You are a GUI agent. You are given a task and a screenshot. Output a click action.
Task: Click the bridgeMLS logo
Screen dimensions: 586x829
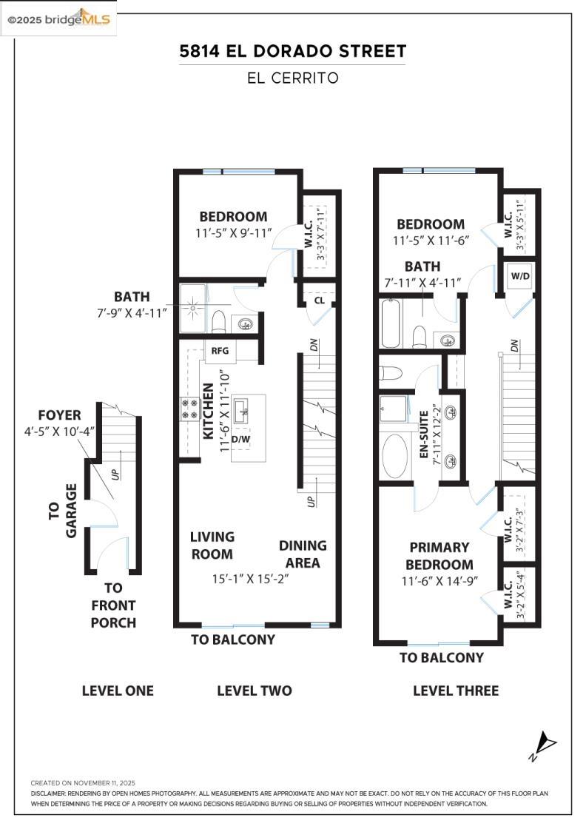(58, 19)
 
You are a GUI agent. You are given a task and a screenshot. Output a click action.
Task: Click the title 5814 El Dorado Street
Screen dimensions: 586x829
(293, 51)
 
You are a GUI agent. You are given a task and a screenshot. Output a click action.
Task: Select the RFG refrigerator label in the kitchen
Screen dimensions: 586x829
(220, 351)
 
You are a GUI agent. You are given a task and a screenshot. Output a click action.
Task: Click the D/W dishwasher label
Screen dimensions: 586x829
(240, 439)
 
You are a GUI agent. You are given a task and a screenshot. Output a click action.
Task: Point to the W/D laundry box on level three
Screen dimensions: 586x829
(520, 276)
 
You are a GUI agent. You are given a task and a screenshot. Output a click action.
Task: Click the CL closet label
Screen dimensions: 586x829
(319, 301)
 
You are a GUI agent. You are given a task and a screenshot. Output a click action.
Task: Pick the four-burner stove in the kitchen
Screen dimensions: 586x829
(189, 409)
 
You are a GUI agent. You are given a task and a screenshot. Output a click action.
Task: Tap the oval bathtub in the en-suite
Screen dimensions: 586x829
(394, 456)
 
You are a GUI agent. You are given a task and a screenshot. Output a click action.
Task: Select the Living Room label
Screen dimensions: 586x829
(212, 546)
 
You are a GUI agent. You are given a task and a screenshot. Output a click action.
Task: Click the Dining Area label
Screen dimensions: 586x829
(303, 554)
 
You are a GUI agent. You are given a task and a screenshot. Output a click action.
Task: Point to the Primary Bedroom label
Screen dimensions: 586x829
(439, 556)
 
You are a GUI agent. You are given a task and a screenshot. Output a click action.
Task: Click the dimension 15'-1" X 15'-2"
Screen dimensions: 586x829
(251, 579)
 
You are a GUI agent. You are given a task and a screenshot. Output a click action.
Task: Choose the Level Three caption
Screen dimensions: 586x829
(456, 691)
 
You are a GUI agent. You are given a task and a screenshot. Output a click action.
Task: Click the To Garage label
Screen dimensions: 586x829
(62, 511)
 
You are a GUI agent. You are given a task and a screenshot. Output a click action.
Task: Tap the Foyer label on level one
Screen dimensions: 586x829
(59, 415)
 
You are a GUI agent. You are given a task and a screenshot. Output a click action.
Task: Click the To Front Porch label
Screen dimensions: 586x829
(113, 605)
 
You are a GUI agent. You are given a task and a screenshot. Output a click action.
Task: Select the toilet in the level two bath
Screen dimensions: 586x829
(218, 321)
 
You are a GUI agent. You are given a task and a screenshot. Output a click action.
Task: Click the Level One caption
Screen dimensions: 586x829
(118, 691)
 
